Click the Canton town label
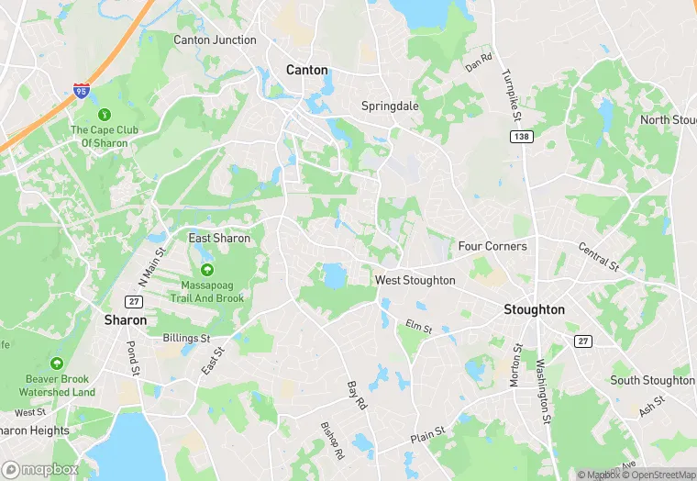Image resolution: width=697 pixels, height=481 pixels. click(x=306, y=70)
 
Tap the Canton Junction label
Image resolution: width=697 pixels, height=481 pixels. click(x=215, y=39)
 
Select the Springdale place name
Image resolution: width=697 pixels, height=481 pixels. click(x=390, y=106)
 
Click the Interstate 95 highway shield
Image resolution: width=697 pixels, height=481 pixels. click(x=82, y=91)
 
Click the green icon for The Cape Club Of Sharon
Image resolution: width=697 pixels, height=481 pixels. click(x=105, y=115)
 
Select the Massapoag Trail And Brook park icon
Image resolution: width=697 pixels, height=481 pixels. click(x=206, y=269)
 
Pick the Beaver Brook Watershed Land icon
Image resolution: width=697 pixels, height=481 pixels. click(x=57, y=364)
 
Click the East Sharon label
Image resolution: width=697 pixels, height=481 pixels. click(x=219, y=239)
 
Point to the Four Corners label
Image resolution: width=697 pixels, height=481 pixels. click(x=492, y=246)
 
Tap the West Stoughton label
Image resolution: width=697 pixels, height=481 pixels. click(x=415, y=280)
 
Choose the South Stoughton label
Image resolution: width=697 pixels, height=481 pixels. click(x=653, y=380)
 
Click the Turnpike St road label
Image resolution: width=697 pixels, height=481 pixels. click(x=512, y=97)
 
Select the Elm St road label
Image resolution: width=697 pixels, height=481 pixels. click(x=418, y=326)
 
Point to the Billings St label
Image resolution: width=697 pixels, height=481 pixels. click(x=187, y=339)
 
